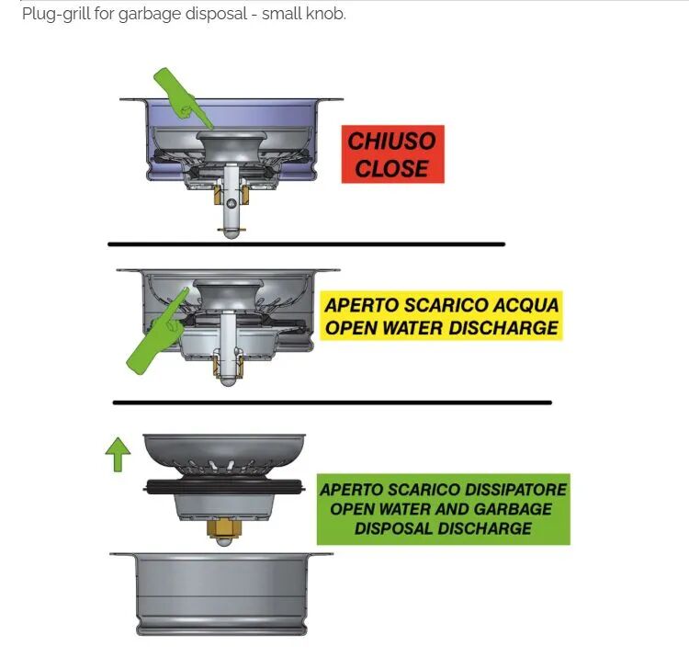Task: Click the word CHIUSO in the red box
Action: coord(392,142)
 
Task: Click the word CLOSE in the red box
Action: coord(392,168)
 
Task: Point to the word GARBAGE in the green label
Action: coord(514,508)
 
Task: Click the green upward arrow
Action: coord(118,455)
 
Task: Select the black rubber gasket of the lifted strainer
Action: coord(224,487)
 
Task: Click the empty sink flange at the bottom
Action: coord(222,595)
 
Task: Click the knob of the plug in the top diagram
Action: coord(232,144)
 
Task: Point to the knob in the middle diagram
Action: coord(228,293)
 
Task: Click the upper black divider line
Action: coord(306,244)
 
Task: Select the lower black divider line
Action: coord(333,402)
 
